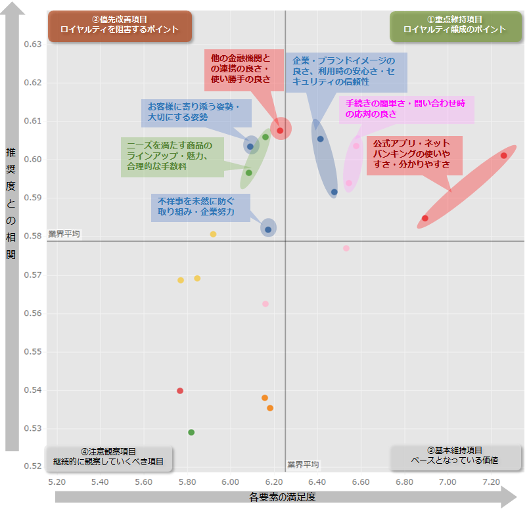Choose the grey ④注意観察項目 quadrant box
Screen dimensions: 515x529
coord(108,457)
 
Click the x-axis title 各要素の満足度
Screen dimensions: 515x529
coord(283,497)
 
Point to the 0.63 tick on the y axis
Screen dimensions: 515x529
coord(33,45)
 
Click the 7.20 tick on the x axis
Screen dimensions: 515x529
coord(491,482)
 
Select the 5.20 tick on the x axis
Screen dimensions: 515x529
coord(57,482)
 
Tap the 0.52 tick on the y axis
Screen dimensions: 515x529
coord(33,466)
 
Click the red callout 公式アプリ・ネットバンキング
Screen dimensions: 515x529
coord(414,154)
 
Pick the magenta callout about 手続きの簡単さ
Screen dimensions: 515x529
coord(406,108)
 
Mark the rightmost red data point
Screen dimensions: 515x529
coord(503,156)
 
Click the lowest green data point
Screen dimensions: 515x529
coord(191,432)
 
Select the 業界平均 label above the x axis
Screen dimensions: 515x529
coord(303,465)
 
